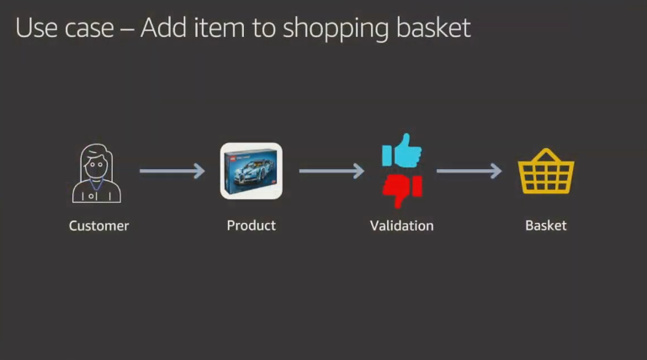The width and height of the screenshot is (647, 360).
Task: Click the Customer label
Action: click(x=98, y=225)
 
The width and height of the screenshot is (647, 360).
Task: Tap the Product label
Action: click(x=252, y=225)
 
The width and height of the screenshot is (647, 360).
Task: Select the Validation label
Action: click(x=401, y=225)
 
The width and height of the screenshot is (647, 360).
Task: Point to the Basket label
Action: click(x=545, y=225)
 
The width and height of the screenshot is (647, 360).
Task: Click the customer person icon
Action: click(x=97, y=173)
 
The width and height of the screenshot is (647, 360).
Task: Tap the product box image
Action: click(x=252, y=171)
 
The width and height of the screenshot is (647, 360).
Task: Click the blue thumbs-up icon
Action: click(x=402, y=151)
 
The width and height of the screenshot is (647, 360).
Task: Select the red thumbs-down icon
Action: click(x=402, y=190)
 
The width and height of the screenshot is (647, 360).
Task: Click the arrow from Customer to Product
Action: click(x=172, y=171)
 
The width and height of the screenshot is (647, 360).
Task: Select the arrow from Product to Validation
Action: click(x=331, y=171)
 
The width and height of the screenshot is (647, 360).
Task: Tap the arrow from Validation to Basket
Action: click(x=469, y=171)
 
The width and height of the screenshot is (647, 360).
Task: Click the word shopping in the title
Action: click(x=336, y=29)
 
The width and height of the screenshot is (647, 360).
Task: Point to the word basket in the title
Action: click(x=433, y=28)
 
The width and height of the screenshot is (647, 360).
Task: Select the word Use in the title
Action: click(x=36, y=28)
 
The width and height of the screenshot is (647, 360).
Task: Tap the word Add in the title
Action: click(x=163, y=28)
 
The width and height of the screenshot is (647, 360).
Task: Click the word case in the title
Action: click(x=89, y=29)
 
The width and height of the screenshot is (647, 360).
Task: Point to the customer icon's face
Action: click(x=96, y=165)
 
